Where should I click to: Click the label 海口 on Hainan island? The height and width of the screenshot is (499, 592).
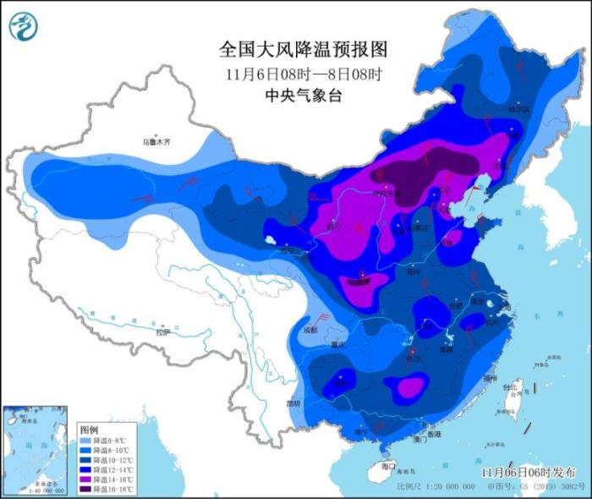point(388,466)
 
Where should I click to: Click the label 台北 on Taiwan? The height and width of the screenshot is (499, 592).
point(511,388)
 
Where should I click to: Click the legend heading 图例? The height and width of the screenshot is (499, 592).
point(89,430)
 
